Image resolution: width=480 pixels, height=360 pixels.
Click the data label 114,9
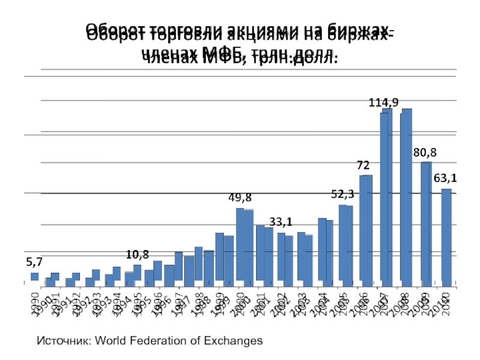[x=383, y=103]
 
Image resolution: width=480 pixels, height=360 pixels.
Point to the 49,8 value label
[x=239, y=197]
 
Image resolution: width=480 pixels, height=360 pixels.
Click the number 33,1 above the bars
[x=281, y=222]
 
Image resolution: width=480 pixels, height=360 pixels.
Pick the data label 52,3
[x=343, y=194]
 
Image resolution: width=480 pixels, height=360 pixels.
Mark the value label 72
[x=363, y=164]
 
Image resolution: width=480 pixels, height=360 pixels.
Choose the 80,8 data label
[x=425, y=152]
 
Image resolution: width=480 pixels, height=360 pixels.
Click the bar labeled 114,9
[x=385, y=195]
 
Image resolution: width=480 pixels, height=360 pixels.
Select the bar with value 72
[x=365, y=228]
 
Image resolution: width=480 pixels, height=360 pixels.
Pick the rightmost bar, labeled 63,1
[x=446, y=235]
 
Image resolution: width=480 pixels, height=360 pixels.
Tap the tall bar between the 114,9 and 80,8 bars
[x=406, y=195]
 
